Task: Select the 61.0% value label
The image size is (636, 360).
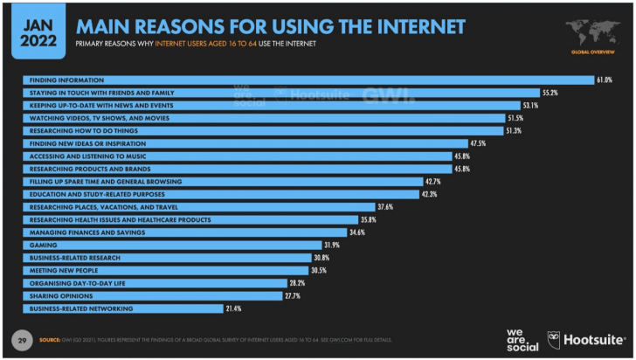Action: pos(604,80)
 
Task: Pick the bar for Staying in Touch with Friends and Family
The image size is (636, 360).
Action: pos(280,93)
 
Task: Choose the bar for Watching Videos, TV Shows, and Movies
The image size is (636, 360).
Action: pos(262,118)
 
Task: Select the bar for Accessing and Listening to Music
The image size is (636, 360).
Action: pos(236,156)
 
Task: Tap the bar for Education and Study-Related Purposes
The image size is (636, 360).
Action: pos(218,194)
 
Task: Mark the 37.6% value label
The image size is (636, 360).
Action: pos(385,207)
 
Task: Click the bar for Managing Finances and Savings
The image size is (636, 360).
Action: pos(183,232)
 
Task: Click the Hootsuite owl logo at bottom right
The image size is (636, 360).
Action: pos(554,338)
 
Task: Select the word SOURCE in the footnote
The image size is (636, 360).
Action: pos(49,339)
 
